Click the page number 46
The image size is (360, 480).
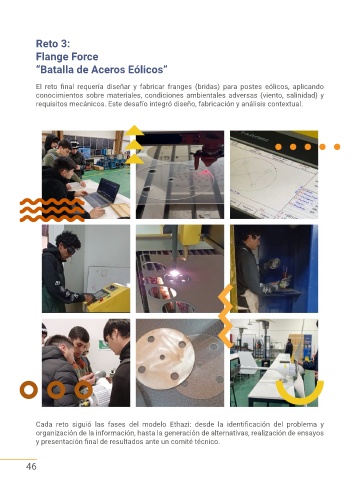tap(31, 466)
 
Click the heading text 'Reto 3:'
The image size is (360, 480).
tap(53, 44)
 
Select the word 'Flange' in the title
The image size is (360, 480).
tap(52, 57)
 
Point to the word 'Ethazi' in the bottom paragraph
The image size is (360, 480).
tap(180, 424)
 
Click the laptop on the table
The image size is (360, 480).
tap(102, 193)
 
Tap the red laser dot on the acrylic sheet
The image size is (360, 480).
tap(206, 171)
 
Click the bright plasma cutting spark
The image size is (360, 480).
tap(175, 273)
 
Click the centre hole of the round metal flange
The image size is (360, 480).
tap(162, 357)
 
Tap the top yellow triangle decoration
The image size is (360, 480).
tap(134, 130)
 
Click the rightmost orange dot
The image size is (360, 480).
tap(337, 147)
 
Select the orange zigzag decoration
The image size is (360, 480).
tap(226, 316)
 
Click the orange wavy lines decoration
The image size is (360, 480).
tap(52, 210)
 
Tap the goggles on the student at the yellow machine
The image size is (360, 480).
tap(70, 250)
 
